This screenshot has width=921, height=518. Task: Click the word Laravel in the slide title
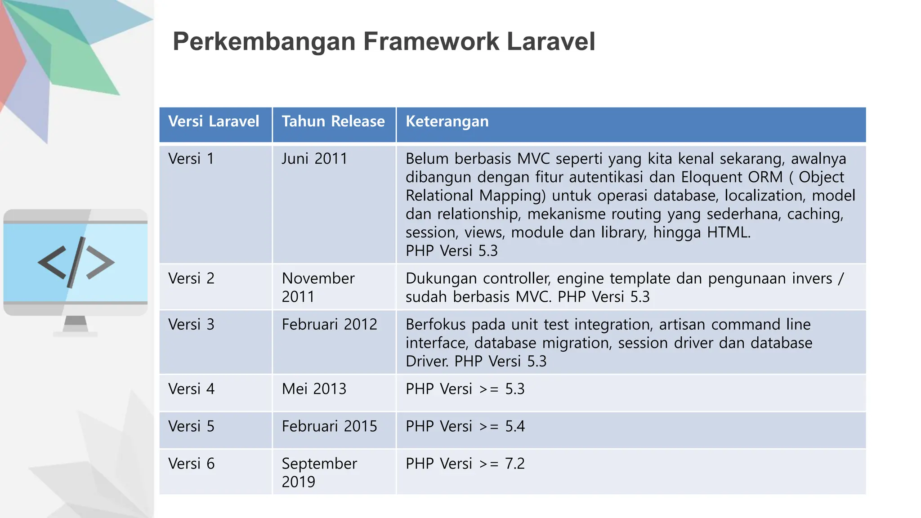coord(550,41)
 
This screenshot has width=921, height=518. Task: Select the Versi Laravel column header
coord(214,121)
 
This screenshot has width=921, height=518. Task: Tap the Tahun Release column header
coord(333,121)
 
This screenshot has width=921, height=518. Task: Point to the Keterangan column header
coord(447,121)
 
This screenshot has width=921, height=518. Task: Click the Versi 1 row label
coord(191,159)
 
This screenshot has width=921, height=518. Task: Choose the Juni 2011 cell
coord(314,159)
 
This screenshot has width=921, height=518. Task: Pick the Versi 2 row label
coord(191,278)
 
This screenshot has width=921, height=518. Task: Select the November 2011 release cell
coord(318,287)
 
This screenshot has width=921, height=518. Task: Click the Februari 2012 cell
coord(329,324)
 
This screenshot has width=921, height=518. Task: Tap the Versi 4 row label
coord(191,388)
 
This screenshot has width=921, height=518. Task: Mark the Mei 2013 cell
coord(314,388)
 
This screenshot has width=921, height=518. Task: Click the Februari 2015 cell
coord(329,426)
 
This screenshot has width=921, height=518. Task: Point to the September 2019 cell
coord(319,472)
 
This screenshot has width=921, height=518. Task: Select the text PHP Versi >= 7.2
coord(465,463)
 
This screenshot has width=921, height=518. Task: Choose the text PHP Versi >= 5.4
coord(465,426)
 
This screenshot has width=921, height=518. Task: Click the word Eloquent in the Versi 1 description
coord(709,177)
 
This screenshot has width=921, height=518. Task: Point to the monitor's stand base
coord(75,334)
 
